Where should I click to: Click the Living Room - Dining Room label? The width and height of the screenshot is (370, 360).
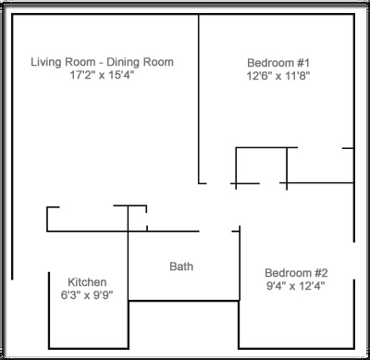point(102,62)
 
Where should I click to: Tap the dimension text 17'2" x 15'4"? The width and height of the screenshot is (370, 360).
point(102,75)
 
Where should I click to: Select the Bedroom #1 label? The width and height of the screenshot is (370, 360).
point(278,63)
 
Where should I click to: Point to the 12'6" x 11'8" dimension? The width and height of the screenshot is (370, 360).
point(278,76)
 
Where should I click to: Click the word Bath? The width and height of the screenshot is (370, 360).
point(181,267)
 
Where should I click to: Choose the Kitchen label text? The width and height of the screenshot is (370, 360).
point(87,282)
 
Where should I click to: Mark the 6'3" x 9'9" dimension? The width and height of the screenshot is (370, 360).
point(87,295)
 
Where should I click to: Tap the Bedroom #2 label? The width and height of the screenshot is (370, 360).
point(296,273)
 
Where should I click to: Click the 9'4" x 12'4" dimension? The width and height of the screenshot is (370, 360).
point(296,286)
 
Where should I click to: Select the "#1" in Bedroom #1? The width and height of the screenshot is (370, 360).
point(303,63)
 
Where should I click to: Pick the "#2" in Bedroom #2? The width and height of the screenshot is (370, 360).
point(321,273)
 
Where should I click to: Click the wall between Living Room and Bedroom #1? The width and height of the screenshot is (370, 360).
point(199,99)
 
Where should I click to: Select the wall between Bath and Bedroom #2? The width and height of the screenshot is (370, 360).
point(240,263)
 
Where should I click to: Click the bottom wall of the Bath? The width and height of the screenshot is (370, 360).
point(184,301)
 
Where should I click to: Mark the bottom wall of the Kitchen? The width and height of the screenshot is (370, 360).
point(89,349)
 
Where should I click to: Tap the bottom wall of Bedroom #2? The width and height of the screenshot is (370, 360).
point(296,349)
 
